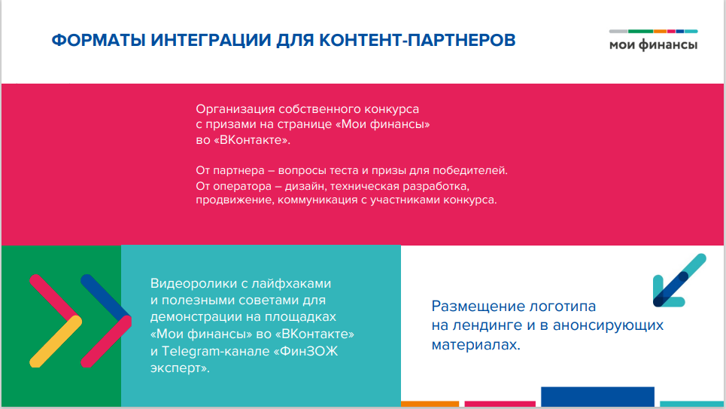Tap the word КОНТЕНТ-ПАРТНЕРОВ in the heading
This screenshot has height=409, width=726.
(418, 41)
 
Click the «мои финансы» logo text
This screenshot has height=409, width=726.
(653, 45)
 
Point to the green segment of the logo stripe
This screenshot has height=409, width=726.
(640, 32)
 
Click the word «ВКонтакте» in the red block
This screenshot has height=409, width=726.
(252, 140)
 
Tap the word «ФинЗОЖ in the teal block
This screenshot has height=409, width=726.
(306, 352)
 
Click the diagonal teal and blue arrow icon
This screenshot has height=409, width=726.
(679, 280)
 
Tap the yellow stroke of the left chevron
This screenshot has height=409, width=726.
(56, 341)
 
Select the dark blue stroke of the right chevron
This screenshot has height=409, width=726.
(105, 298)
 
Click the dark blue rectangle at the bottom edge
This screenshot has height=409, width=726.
(597, 397)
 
